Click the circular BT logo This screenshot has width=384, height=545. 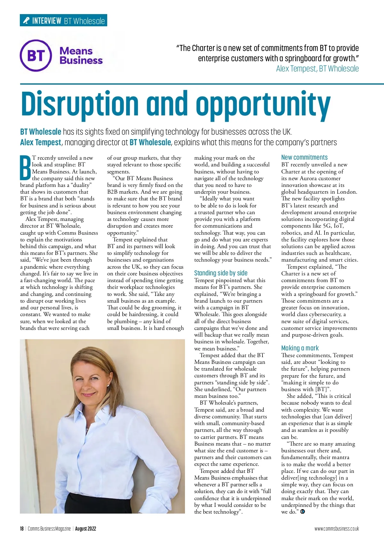[36, 55]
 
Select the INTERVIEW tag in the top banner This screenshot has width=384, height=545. [47, 21]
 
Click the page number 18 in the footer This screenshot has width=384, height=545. [22, 529]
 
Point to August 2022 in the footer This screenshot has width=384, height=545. [85, 529]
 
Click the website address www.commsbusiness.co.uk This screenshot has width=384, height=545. [336, 529]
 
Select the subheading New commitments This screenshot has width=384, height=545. [304, 157]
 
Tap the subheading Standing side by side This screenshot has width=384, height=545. [221, 273]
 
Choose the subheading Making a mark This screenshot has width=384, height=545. [300, 348]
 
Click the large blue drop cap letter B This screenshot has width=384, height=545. [25, 168]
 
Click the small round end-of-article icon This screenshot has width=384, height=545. [303, 512]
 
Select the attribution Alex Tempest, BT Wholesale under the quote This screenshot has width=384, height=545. [317, 69]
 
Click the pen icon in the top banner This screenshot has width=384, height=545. [26, 21]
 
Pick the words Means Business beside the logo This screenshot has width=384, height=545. [81, 55]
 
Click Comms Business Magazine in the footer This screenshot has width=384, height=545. [49, 529]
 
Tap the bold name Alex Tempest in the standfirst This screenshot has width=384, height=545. [41, 142]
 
